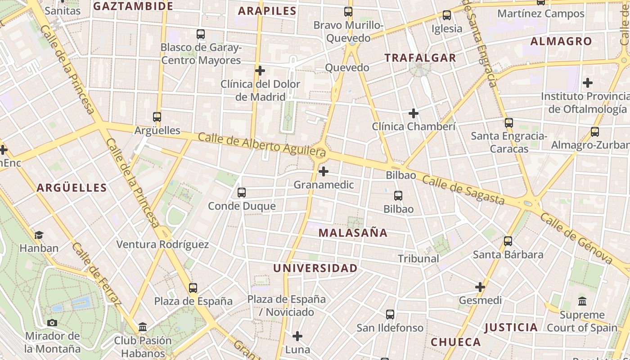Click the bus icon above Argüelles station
click(x=157, y=117)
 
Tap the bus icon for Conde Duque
click(x=242, y=193)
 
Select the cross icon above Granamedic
click(x=323, y=171)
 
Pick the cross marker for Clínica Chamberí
click(x=414, y=113)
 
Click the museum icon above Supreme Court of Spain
click(x=582, y=301)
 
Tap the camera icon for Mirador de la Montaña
click(x=52, y=323)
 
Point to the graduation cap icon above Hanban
click(x=39, y=235)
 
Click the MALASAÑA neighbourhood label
click(x=353, y=233)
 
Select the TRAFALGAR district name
click(x=420, y=58)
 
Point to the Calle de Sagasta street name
click(x=463, y=189)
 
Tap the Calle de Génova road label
click(x=576, y=238)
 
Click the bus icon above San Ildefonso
click(x=390, y=315)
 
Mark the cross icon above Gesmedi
click(x=480, y=287)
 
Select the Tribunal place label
click(x=418, y=258)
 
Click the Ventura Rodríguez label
click(x=162, y=244)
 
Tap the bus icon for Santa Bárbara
click(x=508, y=241)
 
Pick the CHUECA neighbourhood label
click(x=456, y=342)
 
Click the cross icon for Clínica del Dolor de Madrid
click(x=260, y=71)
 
